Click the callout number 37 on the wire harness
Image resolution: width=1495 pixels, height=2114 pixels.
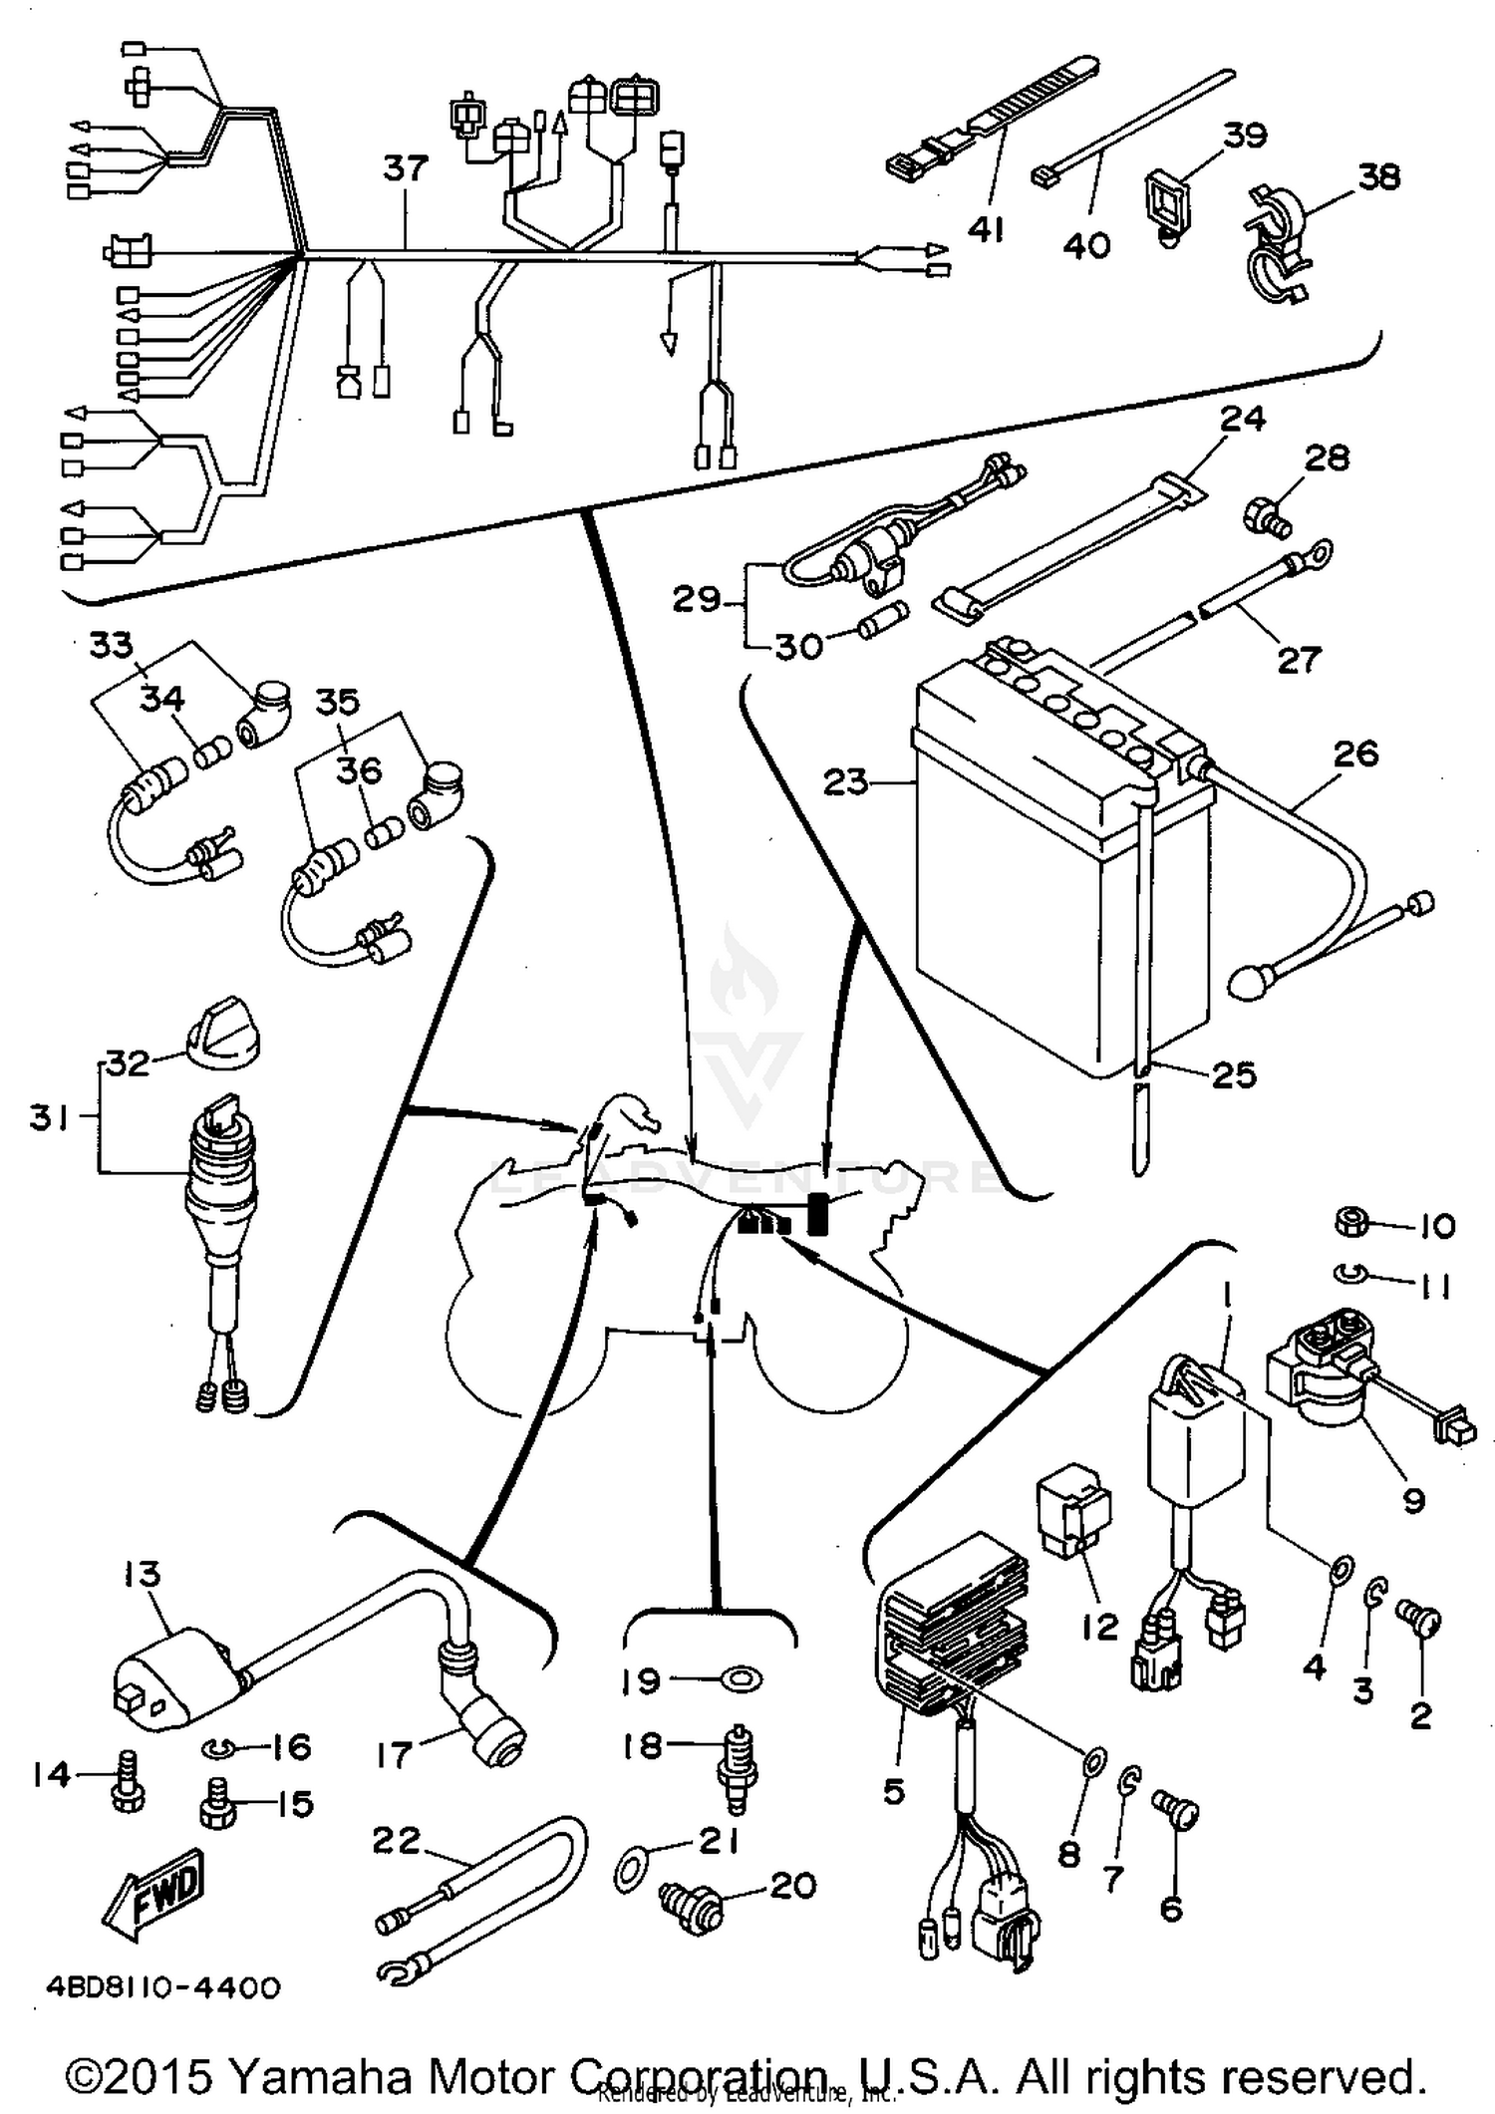[x=406, y=167]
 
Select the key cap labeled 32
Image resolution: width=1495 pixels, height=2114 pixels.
[x=221, y=1032]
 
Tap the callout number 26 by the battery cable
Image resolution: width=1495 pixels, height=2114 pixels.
[x=1354, y=754]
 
